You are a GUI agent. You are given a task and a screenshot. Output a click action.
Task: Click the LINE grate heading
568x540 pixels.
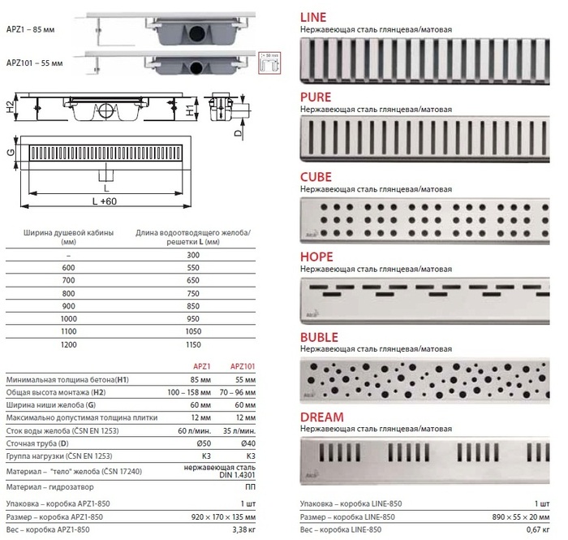[315, 17]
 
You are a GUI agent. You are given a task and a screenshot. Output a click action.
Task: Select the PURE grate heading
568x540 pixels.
[316, 97]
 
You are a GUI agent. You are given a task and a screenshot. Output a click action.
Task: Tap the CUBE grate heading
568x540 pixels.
[316, 176]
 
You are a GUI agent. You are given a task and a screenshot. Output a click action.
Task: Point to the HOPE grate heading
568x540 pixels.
[317, 257]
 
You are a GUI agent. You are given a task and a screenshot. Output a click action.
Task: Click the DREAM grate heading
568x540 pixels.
[321, 417]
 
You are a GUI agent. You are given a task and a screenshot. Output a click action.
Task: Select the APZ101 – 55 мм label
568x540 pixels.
[34, 62]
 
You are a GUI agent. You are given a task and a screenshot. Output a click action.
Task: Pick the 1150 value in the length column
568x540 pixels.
[191, 344]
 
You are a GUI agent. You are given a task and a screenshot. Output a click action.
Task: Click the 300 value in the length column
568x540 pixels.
[191, 254]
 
